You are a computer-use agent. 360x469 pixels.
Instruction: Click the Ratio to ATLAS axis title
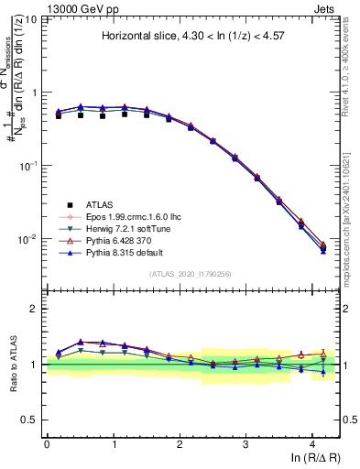[13, 364]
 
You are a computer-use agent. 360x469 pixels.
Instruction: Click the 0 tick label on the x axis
[47, 442]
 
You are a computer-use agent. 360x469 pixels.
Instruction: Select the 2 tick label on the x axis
[180, 442]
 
